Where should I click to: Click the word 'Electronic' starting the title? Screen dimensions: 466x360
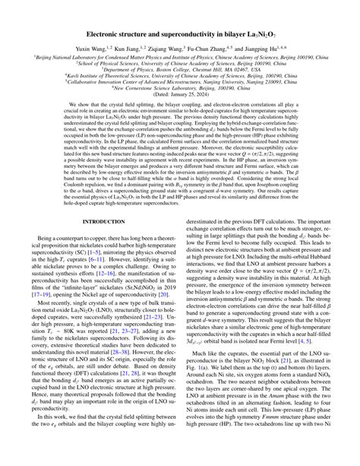[112, 35]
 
